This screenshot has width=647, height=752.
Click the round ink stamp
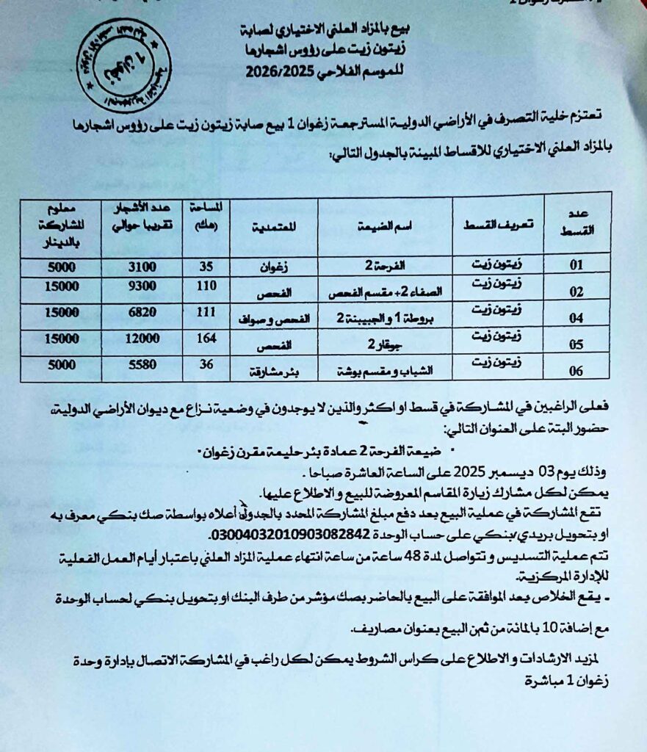click(x=123, y=65)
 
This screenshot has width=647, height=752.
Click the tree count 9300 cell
click(x=141, y=292)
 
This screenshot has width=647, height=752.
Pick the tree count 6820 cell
click(x=141, y=316)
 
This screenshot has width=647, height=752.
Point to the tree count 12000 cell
click(x=141, y=342)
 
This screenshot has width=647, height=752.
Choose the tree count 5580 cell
click(x=141, y=368)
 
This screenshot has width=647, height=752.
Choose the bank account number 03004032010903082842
click(x=278, y=533)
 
